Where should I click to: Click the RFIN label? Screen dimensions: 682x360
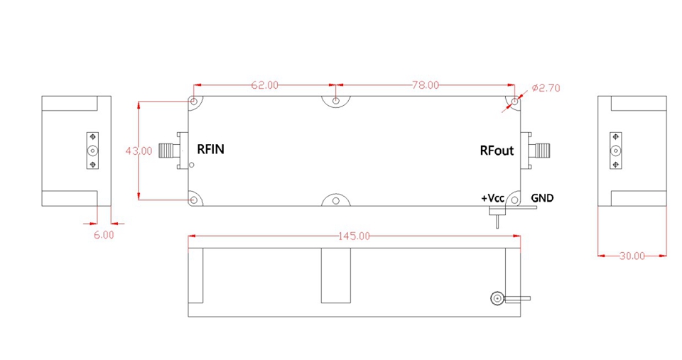tap(210, 149)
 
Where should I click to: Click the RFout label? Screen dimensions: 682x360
tap(497, 151)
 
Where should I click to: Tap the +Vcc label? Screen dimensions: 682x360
tap(492, 198)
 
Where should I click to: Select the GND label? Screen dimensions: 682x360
tap(542, 198)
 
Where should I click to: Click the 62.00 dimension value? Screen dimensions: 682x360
tap(264, 85)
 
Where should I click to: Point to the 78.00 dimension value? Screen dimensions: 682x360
tap(426, 85)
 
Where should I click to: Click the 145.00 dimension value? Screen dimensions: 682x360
tap(354, 236)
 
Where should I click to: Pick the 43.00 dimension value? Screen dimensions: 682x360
tap(139, 151)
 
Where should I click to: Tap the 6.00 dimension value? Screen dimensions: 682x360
tap(104, 235)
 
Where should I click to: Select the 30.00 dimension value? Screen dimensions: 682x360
tap(632, 256)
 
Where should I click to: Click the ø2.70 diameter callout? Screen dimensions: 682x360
tap(546, 88)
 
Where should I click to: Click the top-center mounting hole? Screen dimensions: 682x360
tap(336, 101)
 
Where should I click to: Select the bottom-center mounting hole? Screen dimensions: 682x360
tap(336, 201)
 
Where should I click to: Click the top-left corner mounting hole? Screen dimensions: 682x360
tap(193, 102)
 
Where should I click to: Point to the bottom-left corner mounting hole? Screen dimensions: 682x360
tap(193, 200)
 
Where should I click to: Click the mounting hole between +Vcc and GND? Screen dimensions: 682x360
tap(514, 200)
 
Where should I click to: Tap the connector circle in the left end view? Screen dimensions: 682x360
tap(92, 151)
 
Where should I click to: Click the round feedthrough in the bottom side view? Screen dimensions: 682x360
tap(497, 298)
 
